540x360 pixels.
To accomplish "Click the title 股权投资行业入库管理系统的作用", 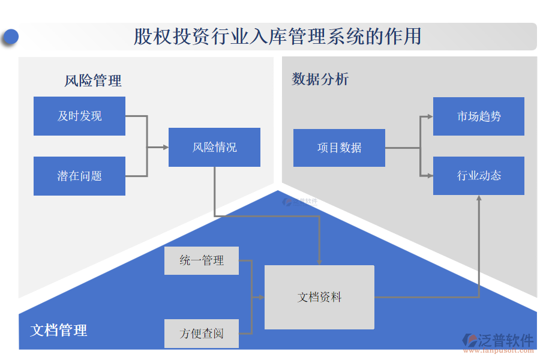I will [x=277, y=37].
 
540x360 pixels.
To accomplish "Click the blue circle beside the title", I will [x=10, y=37].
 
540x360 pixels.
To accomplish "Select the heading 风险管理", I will [x=93, y=80].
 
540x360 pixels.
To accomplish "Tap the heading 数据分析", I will [x=320, y=79].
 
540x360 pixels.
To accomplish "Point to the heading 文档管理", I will [x=59, y=329].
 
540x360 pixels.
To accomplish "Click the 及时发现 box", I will [x=79, y=116].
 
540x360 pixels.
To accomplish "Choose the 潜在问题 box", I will [x=79, y=176].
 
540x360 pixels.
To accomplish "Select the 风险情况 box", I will [x=214, y=147].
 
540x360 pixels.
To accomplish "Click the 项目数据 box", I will [x=339, y=148].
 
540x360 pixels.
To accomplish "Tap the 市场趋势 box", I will [x=478, y=116].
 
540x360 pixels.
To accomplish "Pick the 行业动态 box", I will [x=478, y=176].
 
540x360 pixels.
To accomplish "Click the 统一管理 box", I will [x=201, y=260].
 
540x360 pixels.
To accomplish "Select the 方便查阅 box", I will [x=201, y=334].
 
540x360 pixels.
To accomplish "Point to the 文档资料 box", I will [x=319, y=297].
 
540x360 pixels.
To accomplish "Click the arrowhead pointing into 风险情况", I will [x=166, y=147].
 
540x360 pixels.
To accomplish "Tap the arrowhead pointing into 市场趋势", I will [x=430, y=116].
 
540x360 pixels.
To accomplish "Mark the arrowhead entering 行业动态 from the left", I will [x=430, y=176].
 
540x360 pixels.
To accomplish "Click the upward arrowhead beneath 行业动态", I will [x=479, y=199].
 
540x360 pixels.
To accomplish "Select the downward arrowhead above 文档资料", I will [x=319, y=262].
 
